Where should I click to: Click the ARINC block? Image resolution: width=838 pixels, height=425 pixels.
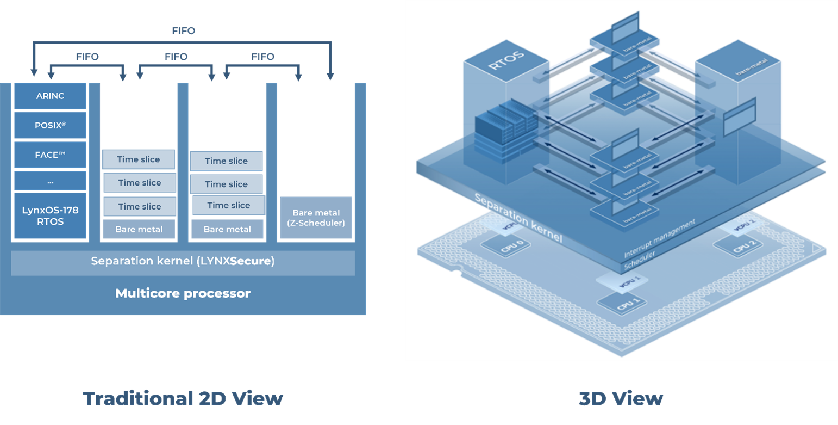51,96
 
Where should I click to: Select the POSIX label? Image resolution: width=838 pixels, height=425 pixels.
51,126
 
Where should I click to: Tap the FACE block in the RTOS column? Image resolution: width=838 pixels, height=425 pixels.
51,155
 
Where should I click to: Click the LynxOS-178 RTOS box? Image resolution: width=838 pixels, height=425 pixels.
51,216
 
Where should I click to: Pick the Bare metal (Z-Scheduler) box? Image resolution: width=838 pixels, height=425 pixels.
316,218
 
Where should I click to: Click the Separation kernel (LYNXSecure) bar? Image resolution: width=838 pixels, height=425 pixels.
183,262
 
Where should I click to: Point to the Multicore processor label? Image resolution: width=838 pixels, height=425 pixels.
183,294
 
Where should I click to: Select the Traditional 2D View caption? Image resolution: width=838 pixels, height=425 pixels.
183,399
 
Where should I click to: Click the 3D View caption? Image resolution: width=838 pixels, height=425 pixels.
621,399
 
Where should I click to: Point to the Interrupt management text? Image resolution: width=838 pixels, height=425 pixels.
660,239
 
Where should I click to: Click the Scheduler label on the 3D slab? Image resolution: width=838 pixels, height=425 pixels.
640,260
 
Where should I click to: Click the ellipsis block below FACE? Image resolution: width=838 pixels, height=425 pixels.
51,182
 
